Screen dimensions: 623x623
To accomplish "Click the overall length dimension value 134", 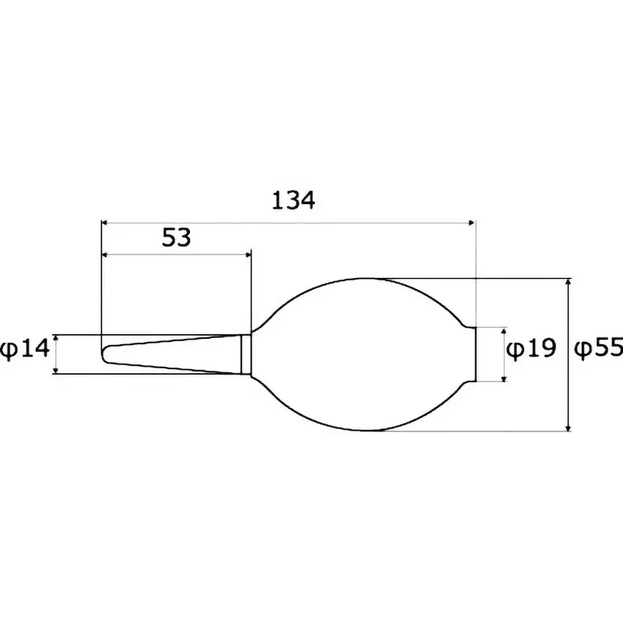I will pyautogui.click(x=293, y=201).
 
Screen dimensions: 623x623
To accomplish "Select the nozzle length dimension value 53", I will pyautogui.click(x=177, y=238).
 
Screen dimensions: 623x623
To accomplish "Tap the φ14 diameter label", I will pyautogui.click(x=23, y=350).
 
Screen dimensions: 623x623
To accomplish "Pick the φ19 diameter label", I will pyautogui.click(x=531, y=349).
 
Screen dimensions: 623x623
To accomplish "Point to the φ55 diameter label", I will pyautogui.click(x=598, y=349).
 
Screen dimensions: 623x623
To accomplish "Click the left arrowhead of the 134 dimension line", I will pyautogui.click(x=106, y=223).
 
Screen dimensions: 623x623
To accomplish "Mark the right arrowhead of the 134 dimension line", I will pyautogui.click(x=470, y=223).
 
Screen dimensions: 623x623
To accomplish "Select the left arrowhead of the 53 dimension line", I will pyautogui.click(x=106, y=254).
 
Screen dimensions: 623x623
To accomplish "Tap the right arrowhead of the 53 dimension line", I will pyautogui.click(x=247, y=254).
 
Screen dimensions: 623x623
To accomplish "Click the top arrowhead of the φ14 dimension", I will pyautogui.click(x=55, y=339).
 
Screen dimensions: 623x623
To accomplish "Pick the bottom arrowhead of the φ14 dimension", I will pyautogui.click(x=55, y=369).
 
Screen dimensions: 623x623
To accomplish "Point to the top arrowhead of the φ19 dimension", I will pyautogui.click(x=505, y=331).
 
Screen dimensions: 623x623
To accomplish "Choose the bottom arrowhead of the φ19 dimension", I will pyautogui.click(x=505, y=377).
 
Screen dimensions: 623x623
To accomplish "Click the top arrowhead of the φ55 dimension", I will pyautogui.click(x=569, y=283).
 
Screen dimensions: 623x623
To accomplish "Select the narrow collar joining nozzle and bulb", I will pyautogui.click(x=245, y=354).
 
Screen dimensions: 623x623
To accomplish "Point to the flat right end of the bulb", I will pyautogui.click(x=475, y=354).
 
